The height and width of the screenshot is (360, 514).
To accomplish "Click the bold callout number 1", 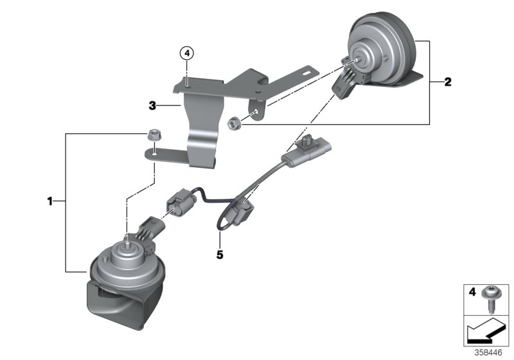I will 49,202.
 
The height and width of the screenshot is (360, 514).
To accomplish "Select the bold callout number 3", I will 152,105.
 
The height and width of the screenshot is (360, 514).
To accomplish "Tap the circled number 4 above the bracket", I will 186,53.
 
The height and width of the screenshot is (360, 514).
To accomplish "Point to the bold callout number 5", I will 220,255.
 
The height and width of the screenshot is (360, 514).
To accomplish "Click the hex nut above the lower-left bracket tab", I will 153,135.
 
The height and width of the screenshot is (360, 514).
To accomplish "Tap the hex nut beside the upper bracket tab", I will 235,121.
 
